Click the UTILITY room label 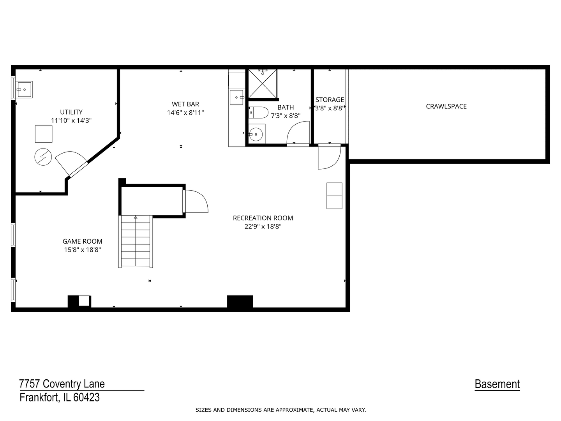[71, 112]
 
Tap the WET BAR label [185, 104]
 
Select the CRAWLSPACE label [446, 106]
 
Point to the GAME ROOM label [83, 241]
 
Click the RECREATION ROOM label [263, 218]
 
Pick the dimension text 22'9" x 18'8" [263, 226]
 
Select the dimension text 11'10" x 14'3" [71, 121]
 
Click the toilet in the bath [259, 113]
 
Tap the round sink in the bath [256, 134]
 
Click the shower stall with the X [263, 83]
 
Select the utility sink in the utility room [25, 89]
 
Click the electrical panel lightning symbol [43, 157]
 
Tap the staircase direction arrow [136, 217]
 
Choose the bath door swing [297, 133]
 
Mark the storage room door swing [328, 157]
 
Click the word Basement [497, 384]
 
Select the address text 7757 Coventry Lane [62, 384]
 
